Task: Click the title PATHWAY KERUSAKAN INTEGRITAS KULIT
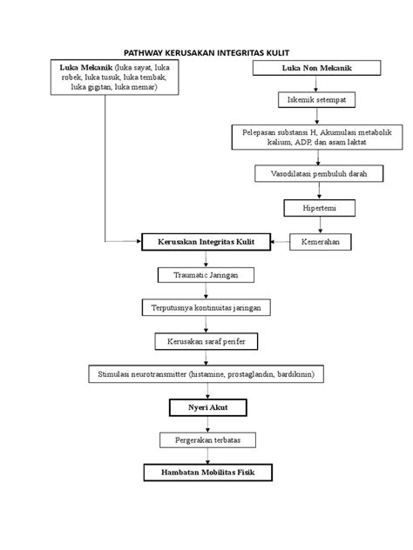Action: pos(206,53)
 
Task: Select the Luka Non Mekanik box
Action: pos(317,68)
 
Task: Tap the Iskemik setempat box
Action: pos(317,100)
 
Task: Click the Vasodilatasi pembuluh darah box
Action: pos(319,174)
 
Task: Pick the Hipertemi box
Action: pos(320,208)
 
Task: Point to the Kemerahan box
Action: pos(321,242)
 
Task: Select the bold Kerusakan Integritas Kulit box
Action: pos(206,242)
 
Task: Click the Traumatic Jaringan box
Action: pos(206,275)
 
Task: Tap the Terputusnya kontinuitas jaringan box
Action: pos(206,307)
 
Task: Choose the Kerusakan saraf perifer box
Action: pos(206,341)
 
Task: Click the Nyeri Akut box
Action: pos(208,407)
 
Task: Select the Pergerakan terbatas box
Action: pos(207,439)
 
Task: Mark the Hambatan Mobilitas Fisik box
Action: pos(208,473)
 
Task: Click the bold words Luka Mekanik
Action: pos(85,67)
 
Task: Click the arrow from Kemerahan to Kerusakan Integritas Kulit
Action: pos(280,242)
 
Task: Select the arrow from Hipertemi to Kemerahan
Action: pos(320,225)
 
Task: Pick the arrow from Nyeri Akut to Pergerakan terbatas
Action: pos(207,425)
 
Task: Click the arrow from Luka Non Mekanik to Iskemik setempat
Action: pos(315,84)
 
